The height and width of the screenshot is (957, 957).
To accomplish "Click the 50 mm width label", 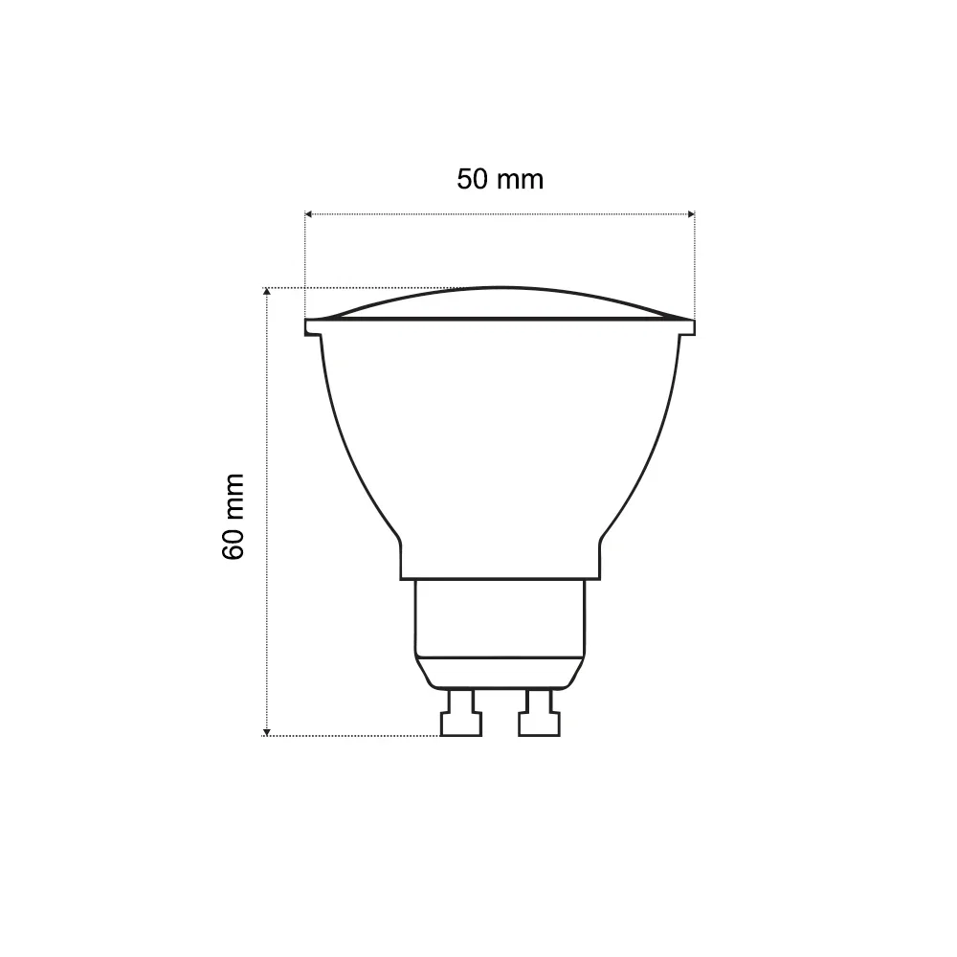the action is tap(500, 180).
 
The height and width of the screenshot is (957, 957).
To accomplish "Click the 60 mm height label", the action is tap(234, 517).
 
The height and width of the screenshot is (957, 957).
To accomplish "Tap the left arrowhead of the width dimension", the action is tap(308, 214).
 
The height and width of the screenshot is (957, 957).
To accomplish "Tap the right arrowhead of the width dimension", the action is tap(691, 214).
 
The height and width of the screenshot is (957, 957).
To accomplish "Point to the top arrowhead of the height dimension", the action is tap(267, 292).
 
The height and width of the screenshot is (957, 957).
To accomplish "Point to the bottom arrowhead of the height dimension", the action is tap(267, 732).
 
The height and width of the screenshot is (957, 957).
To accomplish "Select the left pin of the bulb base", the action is tap(461, 713).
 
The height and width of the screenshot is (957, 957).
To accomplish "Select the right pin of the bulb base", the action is tap(539, 713).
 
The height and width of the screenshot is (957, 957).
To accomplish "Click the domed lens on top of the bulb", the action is tap(500, 303).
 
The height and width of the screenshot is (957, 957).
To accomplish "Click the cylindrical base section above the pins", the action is tap(500, 617).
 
